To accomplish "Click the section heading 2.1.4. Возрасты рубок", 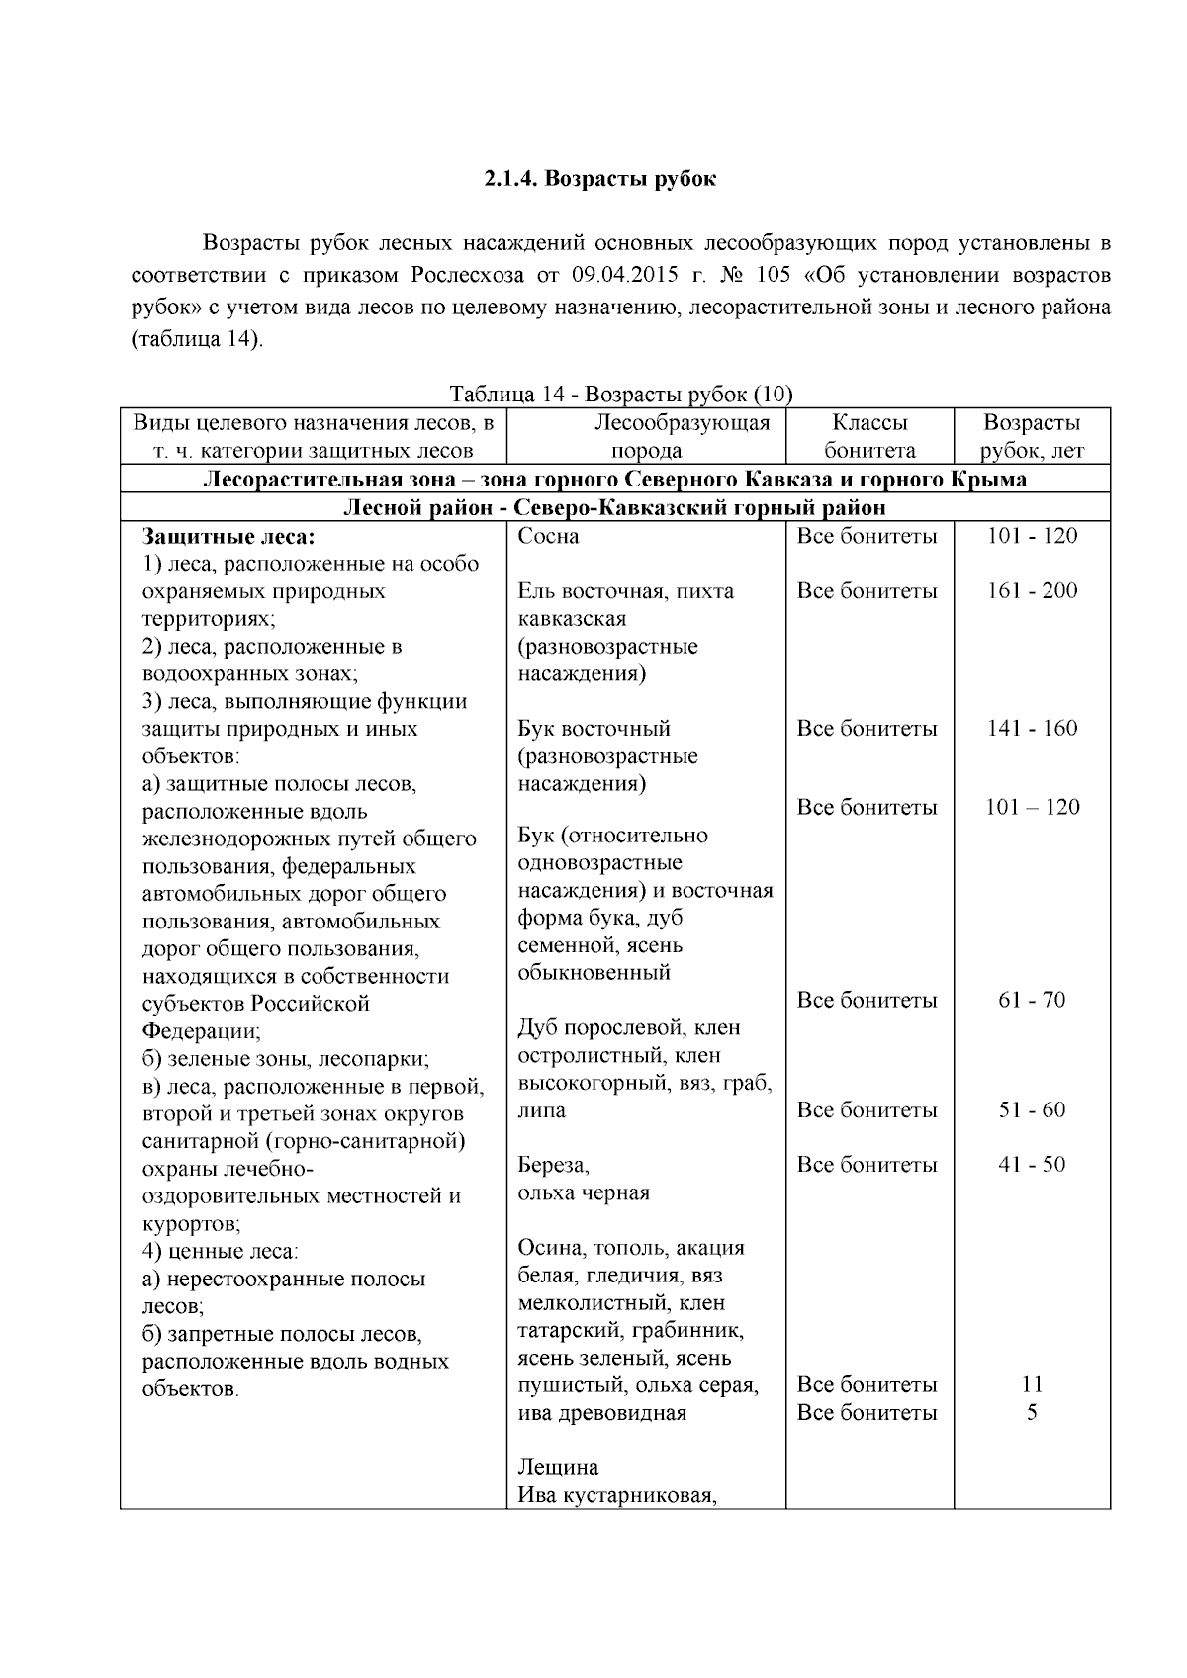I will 599,179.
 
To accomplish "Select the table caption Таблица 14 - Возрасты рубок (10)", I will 621,394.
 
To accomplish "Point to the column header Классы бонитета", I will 869,436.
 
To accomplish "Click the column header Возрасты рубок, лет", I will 1032,436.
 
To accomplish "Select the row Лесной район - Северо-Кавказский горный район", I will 613,508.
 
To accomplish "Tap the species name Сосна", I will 548,536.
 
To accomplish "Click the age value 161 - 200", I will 1032,591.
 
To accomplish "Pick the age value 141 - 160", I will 1032,729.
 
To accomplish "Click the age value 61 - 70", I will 1032,1000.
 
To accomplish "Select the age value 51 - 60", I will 1032,1109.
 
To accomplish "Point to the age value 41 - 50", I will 1032,1164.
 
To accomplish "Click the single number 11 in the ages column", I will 1032,1384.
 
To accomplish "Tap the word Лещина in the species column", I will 558,1467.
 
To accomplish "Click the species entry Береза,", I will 553,1165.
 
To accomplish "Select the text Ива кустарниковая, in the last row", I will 616,1495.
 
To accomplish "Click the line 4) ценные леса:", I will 220,1251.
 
